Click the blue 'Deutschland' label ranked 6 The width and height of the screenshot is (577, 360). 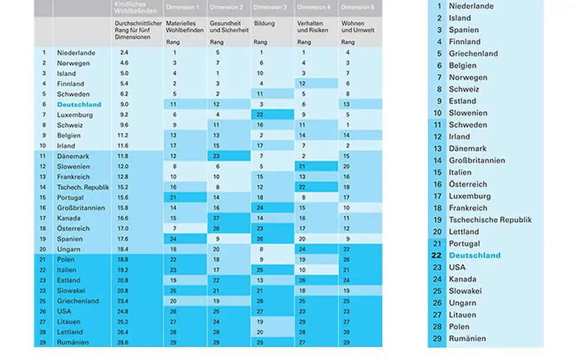pyautogui.click(x=79, y=104)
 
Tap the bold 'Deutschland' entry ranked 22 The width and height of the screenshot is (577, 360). pyautogui.click(x=475, y=255)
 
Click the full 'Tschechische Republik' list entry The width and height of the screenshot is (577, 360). pyautogui.click(x=490, y=220)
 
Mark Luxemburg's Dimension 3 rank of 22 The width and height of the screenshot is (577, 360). pyautogui.click(x=260, y=115)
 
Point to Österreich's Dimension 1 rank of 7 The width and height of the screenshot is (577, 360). pyautogui.click(x=175, y=229)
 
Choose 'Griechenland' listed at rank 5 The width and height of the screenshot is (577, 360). pyautogui.click(x=473, y=53)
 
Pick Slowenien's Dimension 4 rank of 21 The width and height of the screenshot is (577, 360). pyautogui.click(x=303, y=166)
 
